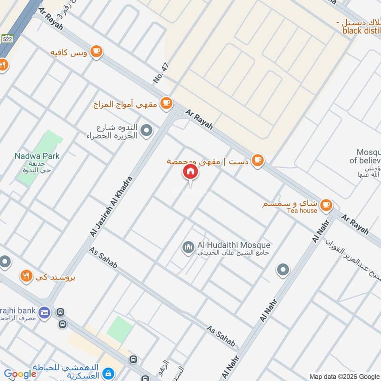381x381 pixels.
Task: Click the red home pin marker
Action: pos(190,172)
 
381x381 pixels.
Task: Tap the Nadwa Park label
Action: pos(37,156)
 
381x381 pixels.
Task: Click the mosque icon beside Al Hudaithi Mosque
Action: pos(188,247)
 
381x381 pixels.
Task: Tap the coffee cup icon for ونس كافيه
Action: pos(97,51)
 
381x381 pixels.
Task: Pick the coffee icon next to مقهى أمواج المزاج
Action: pos(166,102)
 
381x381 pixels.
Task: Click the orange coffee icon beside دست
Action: pos(258,161)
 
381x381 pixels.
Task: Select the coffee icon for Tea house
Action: pos(326,204)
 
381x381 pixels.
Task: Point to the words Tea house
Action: pos(302,211)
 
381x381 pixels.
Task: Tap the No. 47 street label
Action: pos(162,73)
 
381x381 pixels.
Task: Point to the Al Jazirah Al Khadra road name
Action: pos(110,206)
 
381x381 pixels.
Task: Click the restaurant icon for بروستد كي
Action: pos(26,275)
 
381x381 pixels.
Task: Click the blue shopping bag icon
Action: pos(108,372)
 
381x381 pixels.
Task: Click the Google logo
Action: pos(20,374)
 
